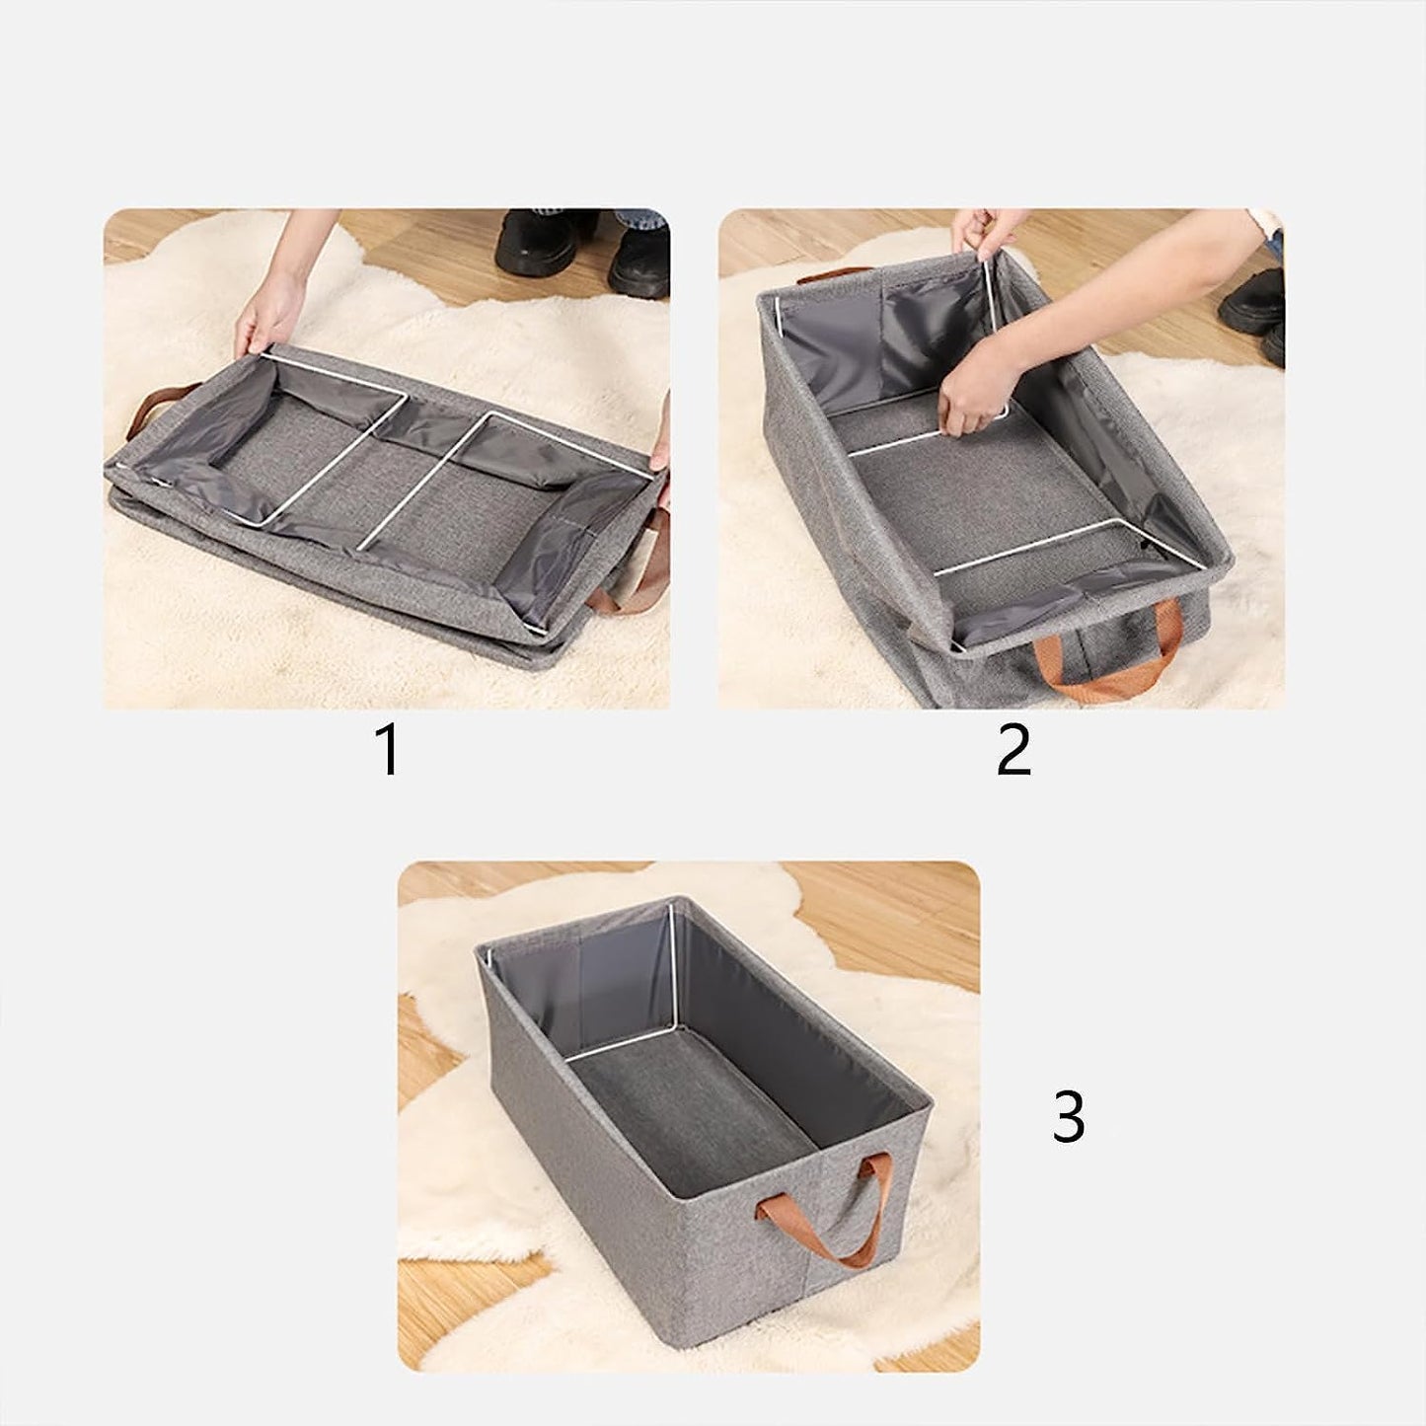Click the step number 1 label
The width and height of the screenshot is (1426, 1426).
(389, 750)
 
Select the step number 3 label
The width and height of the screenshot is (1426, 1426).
(1069, 1117)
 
